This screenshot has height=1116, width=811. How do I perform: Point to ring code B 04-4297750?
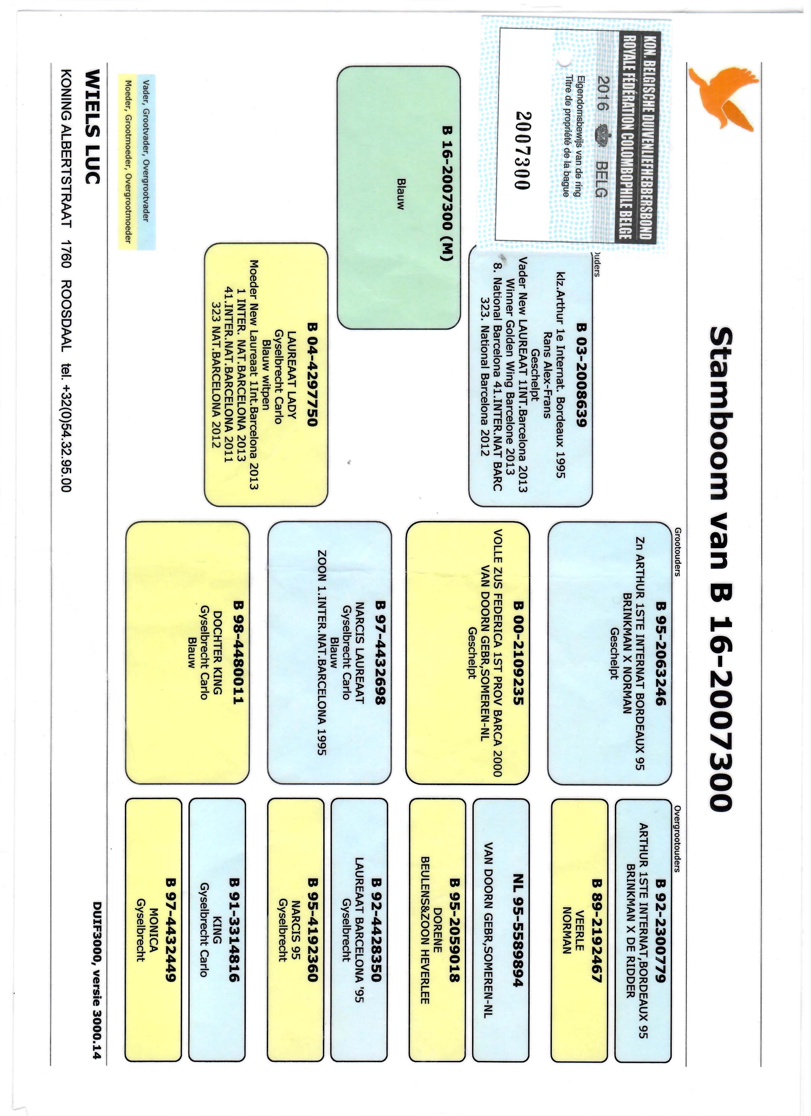click(313, 375)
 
